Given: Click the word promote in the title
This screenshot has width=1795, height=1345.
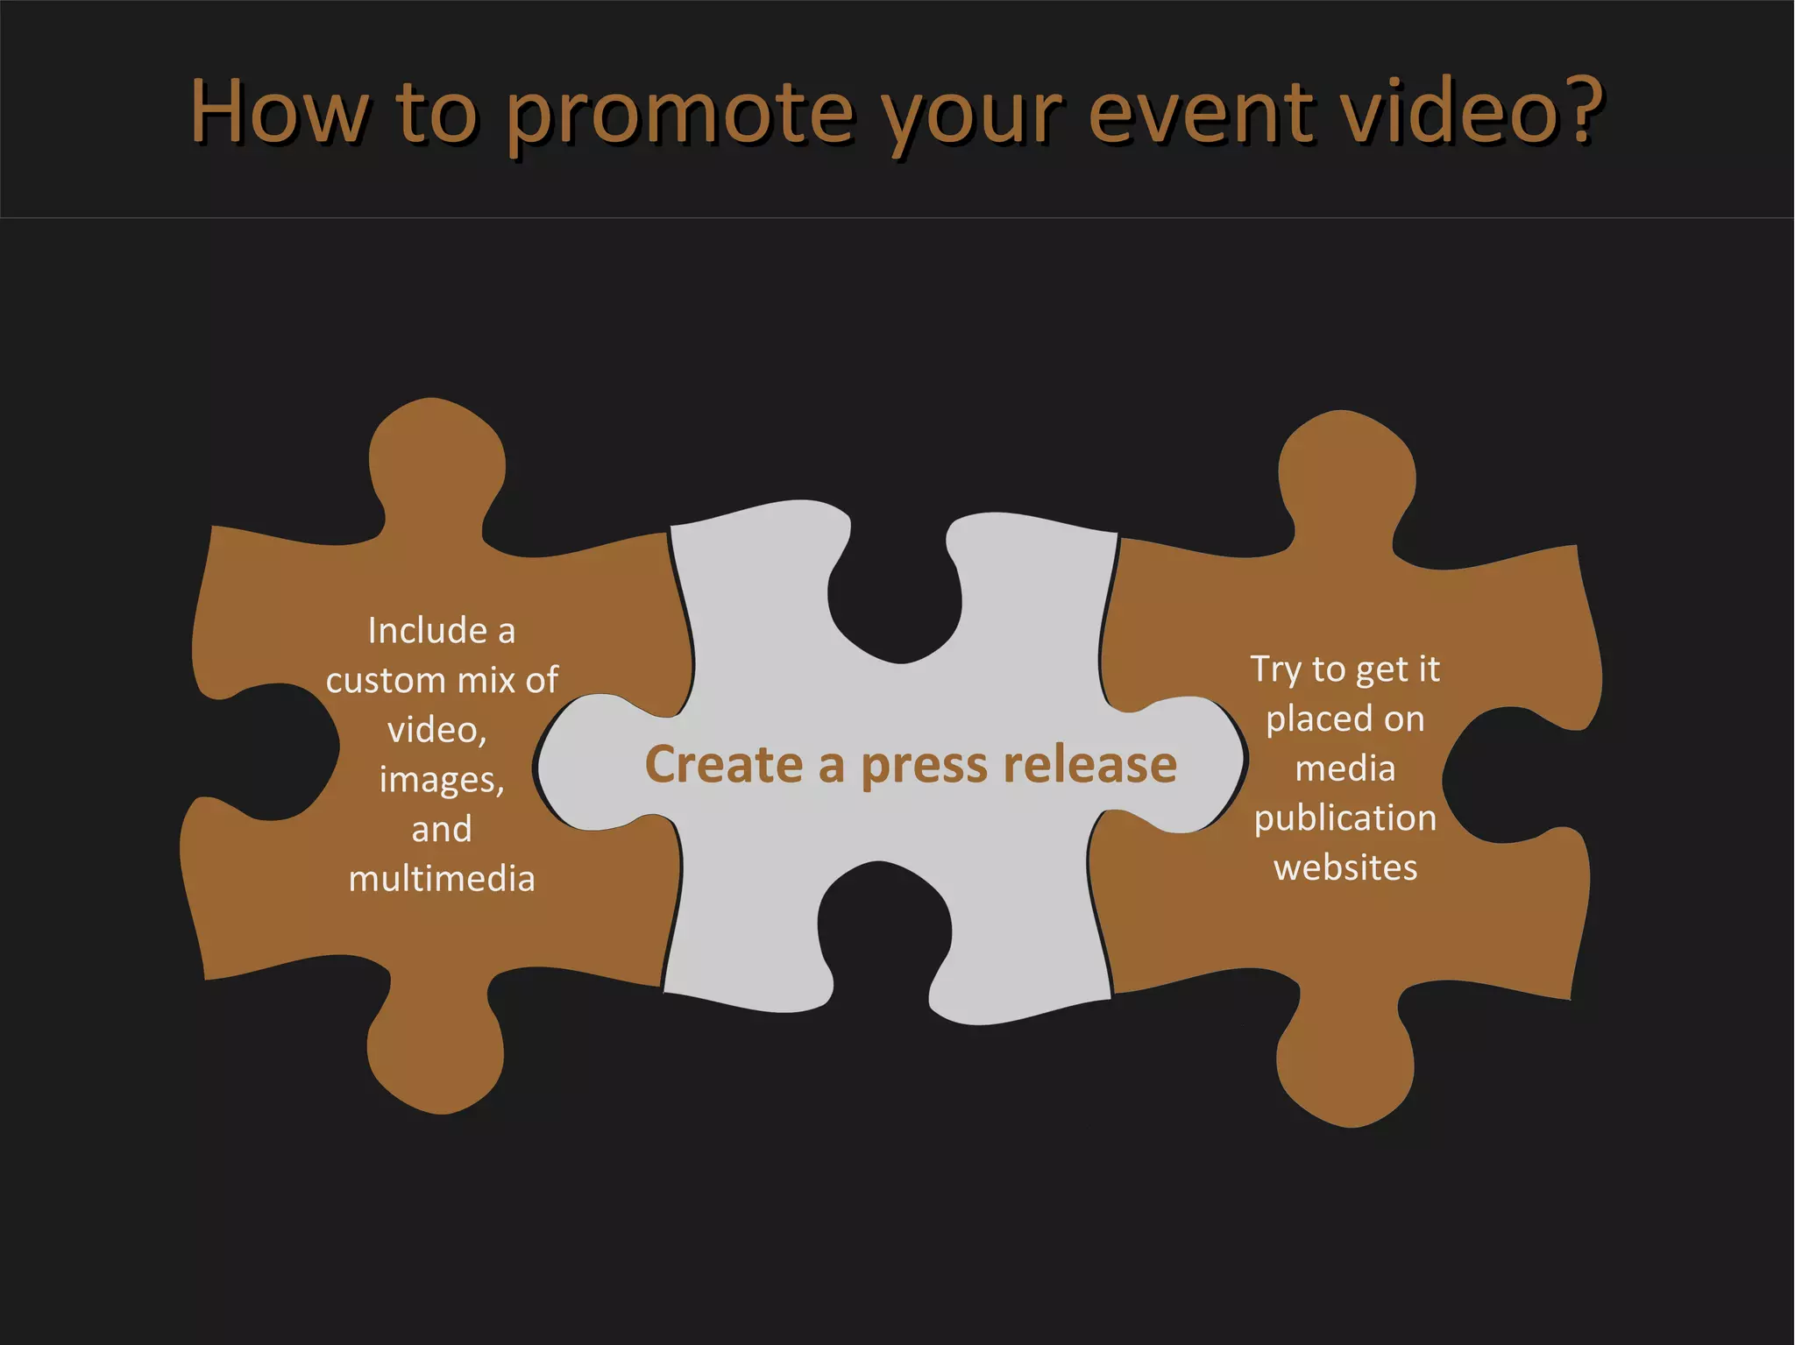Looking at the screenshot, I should click(x=679, y=114).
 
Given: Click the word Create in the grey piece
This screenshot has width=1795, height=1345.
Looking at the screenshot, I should click(x=723, y=764).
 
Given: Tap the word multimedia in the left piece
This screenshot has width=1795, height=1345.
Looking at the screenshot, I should click(x=442, y=879).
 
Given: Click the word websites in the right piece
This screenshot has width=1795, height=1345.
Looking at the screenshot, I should click(x=1345, y=868).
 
